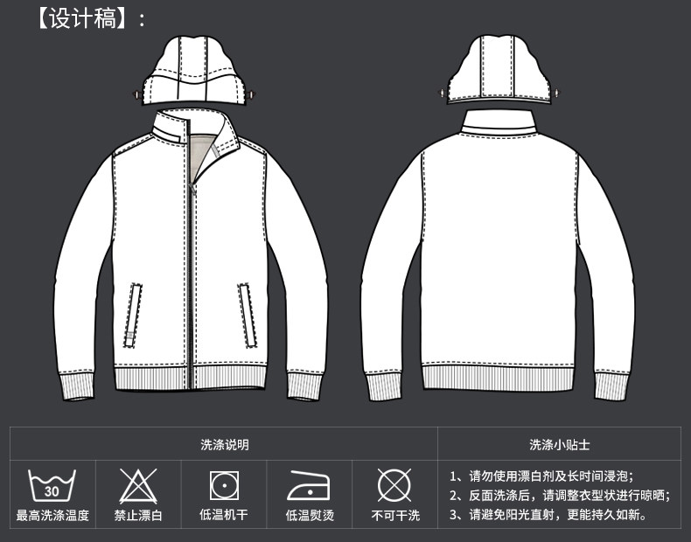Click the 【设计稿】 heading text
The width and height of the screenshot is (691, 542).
pos(85,18)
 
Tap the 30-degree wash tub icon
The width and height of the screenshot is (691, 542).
pos(52,484)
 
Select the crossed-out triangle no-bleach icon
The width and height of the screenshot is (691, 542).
pos(137,484)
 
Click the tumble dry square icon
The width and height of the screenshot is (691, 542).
pos(223,484)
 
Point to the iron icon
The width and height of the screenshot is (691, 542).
pos(309,484)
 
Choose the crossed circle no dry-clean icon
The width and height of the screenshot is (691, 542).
pos(394,484)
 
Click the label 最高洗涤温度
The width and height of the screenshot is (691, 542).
pos(52,516)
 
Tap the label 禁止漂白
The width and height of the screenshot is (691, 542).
pos(137,516)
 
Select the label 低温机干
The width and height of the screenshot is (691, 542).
pos(223,516)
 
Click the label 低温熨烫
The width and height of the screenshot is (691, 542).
pos(309,516)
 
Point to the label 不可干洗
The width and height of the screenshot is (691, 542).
pos(394,516)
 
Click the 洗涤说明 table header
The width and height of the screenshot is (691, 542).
pos(224,444)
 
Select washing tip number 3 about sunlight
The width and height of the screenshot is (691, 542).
pos(548,515)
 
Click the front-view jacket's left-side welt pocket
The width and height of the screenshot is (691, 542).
pos(134,315)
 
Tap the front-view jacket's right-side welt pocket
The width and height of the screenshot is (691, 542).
pos(248,315)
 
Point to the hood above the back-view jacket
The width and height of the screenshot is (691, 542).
pos(497,71)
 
